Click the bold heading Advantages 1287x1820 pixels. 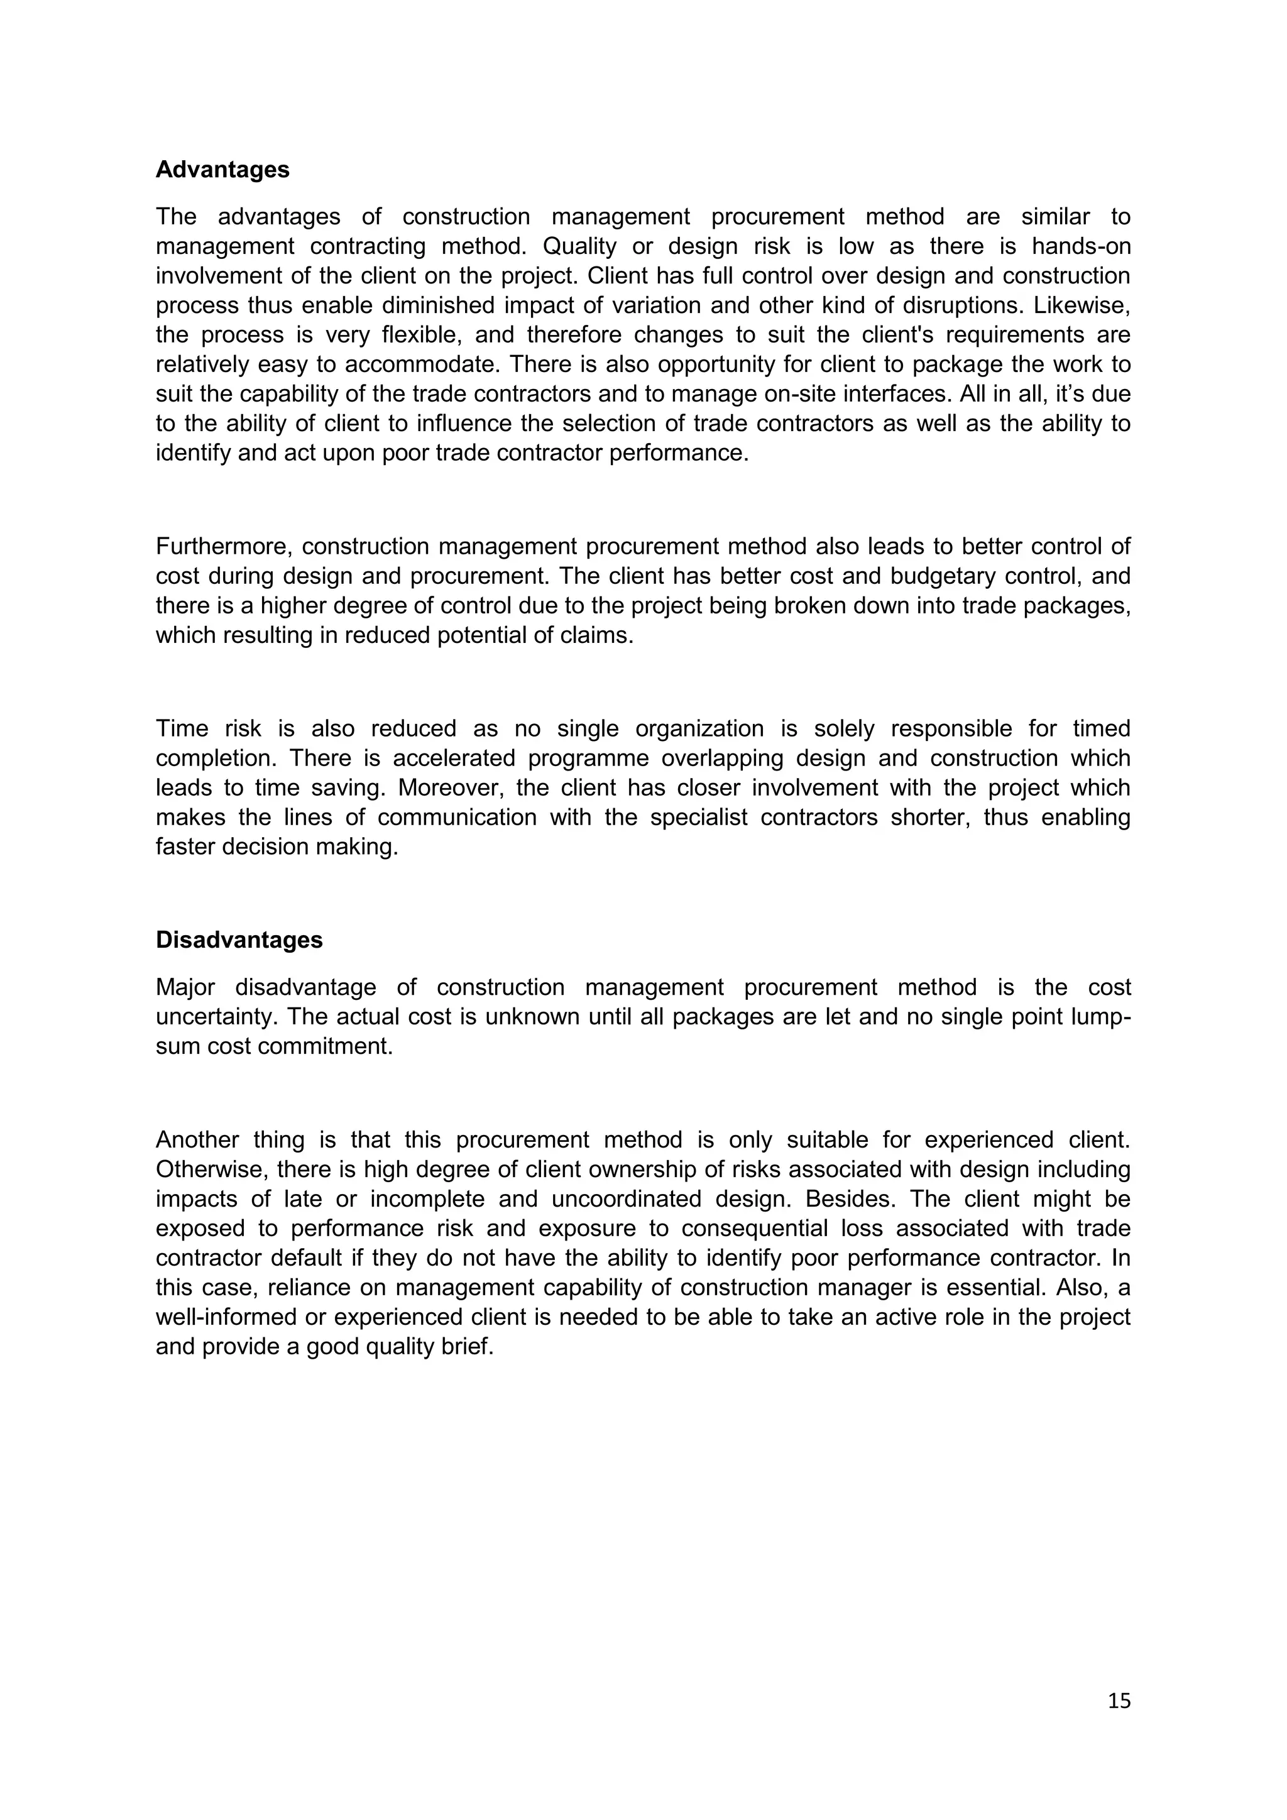click(222, 170)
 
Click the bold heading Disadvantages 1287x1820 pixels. click(239, 940)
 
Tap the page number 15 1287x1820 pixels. click(1119, 1701)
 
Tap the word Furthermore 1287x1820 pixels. click(224, 546)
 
